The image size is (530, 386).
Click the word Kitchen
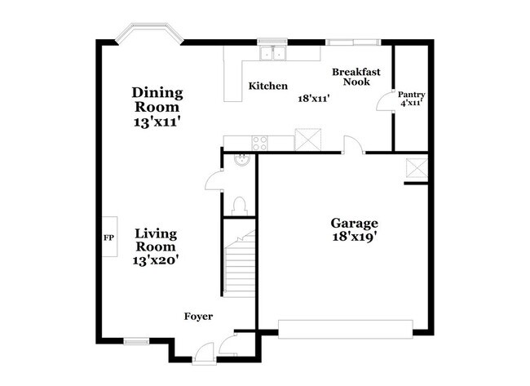coord(268,86)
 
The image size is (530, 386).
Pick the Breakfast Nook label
coord(356,78)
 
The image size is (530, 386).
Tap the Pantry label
coord(411,95)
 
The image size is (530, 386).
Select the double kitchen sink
coord(272,54)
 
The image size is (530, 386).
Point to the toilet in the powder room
coord(240,203)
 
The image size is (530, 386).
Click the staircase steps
coord(240,265)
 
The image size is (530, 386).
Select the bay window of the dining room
coord(148,34)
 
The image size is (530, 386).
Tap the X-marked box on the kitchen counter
coord(307,140)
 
